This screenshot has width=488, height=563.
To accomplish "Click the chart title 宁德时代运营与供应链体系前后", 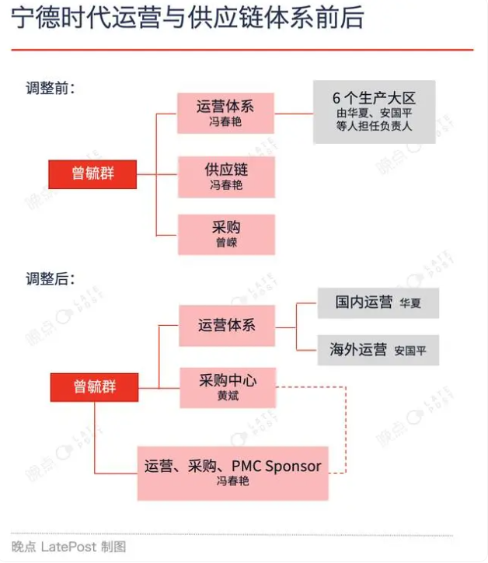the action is pos(188,18).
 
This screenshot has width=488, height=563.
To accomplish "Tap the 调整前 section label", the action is pos(51,88).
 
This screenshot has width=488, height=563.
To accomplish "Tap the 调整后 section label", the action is pos(51,278).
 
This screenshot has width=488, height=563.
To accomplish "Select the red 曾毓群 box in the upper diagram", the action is pos(92,174).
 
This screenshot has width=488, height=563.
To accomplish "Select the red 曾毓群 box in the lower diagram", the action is pos(94,387).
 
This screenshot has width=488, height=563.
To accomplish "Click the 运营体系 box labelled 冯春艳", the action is pos(225,113).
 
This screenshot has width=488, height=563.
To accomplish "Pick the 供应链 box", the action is pos(226,177).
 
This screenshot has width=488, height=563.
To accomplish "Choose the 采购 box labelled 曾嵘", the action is pos(226,235).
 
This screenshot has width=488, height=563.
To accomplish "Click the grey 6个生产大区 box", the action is pos(375,112).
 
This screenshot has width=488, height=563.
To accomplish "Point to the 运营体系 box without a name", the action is pos(227,326).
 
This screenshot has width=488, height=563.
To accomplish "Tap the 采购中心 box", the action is pos(228,388).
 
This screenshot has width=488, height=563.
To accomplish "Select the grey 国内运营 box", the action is pos(378,302).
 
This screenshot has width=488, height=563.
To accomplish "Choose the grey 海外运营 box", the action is pos(378,350).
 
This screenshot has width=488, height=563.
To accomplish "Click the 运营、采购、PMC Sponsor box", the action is pos(233,474).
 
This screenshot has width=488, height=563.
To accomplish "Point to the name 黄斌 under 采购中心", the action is pos(228,396).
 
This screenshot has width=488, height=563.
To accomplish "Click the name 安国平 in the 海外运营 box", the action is pos(410,351).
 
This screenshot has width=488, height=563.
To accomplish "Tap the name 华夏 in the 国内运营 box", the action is pos(410,303).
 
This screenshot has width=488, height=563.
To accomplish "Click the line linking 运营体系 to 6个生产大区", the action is pos(294,114).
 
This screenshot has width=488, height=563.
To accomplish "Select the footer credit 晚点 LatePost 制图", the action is pos(68,547).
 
